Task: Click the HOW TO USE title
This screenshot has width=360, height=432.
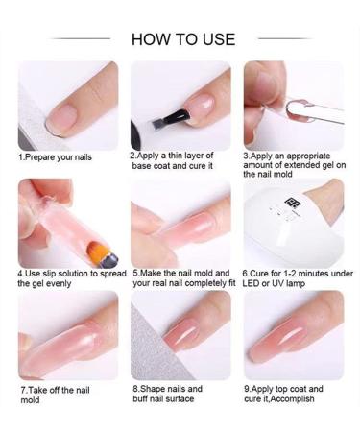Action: pyautogui.click(x=182, y=38)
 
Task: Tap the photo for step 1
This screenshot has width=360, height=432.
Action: pyautogui.click(x=67, y=106)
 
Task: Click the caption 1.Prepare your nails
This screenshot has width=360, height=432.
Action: pyautogui.click(x=56, y=157)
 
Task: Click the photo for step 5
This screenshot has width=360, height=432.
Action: pyautogui.click(x=180, y=223)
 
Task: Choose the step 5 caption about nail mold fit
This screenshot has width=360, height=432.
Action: pyautogui.click(x=182, y=277)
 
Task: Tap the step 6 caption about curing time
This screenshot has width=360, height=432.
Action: pyautogui.click(x=291, y=277)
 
